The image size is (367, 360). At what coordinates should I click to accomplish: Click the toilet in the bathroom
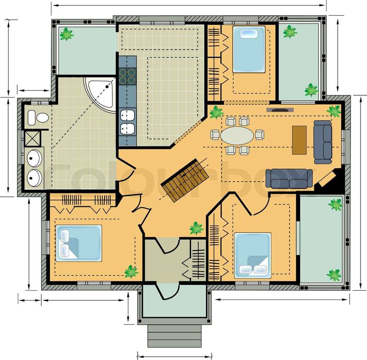click(x=38, y=118)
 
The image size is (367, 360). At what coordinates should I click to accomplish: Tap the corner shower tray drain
click(x=107, y=87)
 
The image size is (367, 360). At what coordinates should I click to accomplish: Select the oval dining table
click(x=237, y=136)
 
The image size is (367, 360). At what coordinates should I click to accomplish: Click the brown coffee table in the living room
click(x=300, y=140)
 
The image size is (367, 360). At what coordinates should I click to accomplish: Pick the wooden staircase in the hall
click(x=185, y=180)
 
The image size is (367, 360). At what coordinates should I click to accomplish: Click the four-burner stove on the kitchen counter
click(x=128, y=76)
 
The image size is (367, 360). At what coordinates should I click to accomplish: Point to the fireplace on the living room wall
click(x=280, y=110)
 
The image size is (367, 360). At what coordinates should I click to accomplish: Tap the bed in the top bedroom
click(x=249, y=49)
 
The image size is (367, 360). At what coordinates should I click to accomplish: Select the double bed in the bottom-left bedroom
click(x=78, y=243)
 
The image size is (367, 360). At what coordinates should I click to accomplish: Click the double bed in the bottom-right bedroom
click(x=253, y=255)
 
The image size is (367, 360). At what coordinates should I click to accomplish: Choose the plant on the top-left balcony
click(x=67, y=34)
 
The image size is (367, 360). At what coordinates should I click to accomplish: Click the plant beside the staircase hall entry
click(x=196, y=228)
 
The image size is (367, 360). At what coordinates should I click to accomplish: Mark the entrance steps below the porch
click(x=174, y=336)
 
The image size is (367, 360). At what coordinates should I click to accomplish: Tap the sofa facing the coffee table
click(x=323, y=142)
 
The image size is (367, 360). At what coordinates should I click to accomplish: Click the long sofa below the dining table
click(x=289, y=179)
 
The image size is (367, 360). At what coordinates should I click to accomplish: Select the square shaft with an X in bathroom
click(x=33, y=138)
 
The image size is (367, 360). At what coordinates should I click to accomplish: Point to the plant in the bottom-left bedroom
click(x=131, y=271)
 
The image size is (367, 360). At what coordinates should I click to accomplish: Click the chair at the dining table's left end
click(x=215, y=135)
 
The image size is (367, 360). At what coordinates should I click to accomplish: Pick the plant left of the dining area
click(x=217, y=112)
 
